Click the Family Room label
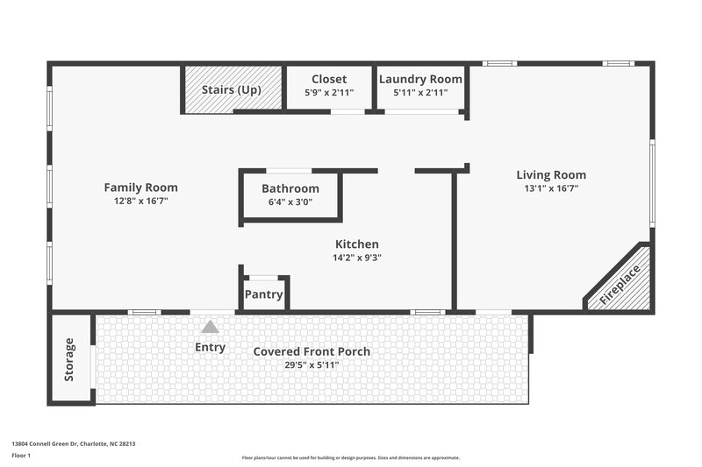tap(140, 188)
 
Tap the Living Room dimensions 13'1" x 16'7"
tap(551, 188)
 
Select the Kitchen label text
tap(357, 244)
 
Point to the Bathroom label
tap(290, 189)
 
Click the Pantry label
tap(263, 295)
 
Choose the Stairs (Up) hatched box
tap(233, 89)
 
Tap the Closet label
tap(329, 79)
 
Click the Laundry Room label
tap(419, 79)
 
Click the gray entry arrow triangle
tap(210, 327)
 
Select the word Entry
tap(210, 348)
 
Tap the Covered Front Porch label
tap(312, 351)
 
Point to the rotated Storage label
tap(69, 359)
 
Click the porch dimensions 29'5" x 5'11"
tap(312, 364)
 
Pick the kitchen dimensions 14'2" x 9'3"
tap(357, 258)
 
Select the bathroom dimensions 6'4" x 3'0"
tap(290, 202)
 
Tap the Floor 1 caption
tap(21, 456)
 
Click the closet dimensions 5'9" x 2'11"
tap(329, 92)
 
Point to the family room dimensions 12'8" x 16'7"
tap(140, 201)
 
